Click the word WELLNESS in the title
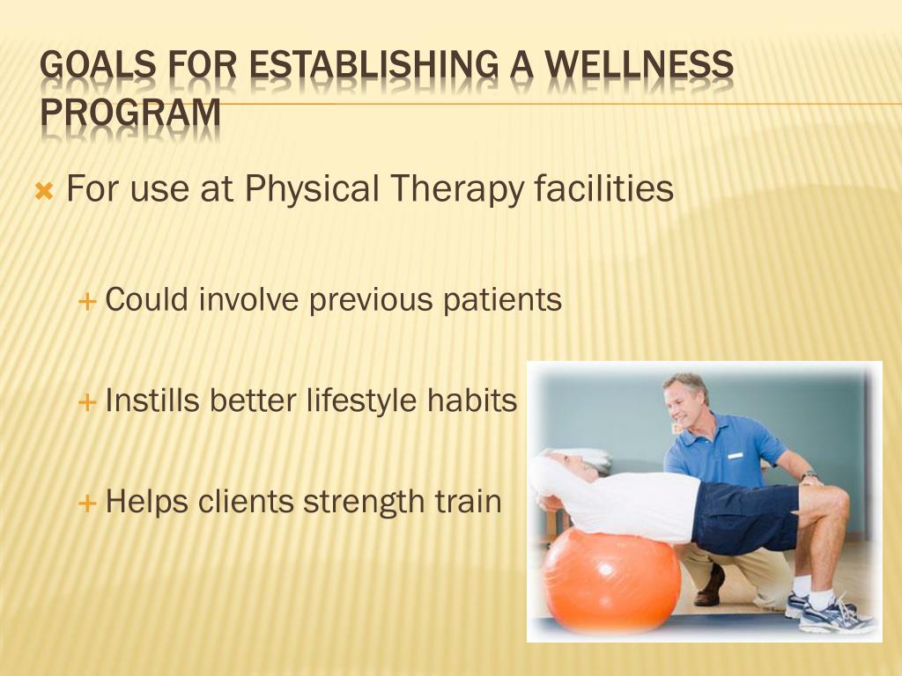pyautogui.click(x=639, y=64)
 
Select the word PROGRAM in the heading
pyautogui.click(x=131, y=112)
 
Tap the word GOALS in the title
pyautogui.click(x=99, y=64)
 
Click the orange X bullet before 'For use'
pyautogui.click(x=44, y=190)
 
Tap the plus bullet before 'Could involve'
pyautogui.click(x=86, y=301)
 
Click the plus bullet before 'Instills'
pyautogui.click(x=86, y=401)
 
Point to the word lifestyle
pyautogui.click(x=360, y=400)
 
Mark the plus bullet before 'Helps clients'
pyautogui.click(x=86, y=503)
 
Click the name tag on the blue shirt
pyautogui.click(x=735, y=455)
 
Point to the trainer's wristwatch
pyautogui.click(x=810, y=476)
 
